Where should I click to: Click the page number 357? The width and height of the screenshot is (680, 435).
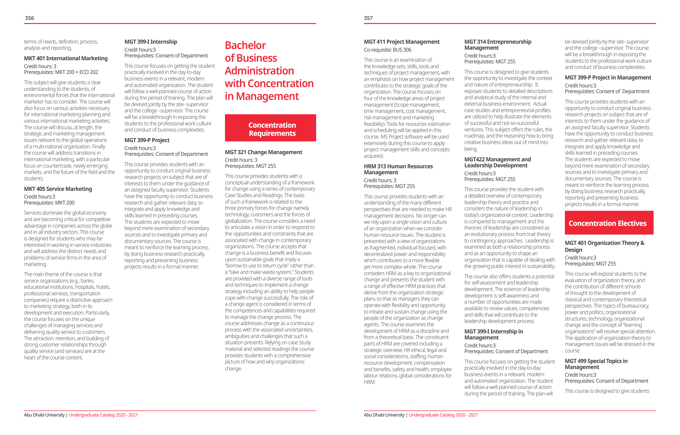point(368,18)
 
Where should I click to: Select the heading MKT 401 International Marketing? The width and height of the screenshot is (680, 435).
point(66,59)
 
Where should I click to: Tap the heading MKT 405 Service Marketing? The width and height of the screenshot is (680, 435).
point(58,189)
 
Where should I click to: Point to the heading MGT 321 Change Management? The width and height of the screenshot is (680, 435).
point(263,152)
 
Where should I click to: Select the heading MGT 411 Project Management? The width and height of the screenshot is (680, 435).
point(402,42)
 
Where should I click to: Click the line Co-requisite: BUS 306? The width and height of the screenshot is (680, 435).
point(387,50)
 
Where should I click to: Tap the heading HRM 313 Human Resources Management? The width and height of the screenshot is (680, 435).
point(398,169)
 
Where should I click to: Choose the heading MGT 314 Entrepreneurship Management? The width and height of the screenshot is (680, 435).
point(497,45)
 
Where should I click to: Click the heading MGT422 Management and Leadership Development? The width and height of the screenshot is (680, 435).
point(497,162)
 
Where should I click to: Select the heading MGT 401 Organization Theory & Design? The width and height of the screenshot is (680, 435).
point(604,246)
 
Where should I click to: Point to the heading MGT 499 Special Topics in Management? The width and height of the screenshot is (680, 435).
point(596,364)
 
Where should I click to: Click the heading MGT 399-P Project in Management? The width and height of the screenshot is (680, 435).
point(608,78)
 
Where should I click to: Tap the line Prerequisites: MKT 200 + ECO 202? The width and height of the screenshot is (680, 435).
point(61,72)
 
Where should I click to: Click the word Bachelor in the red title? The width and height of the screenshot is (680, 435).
point(245,45)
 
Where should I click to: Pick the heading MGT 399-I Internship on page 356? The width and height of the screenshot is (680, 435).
point(151,42)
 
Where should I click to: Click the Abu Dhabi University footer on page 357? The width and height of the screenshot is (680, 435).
point(384,415)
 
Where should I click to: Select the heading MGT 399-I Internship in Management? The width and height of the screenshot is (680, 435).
point(493,334)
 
